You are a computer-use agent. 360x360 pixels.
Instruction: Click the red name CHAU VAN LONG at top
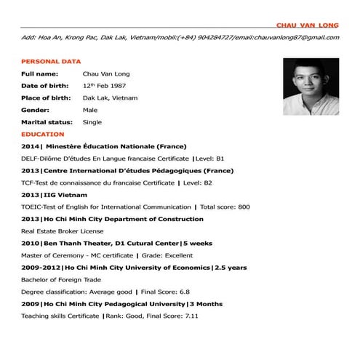(x=313, y=25)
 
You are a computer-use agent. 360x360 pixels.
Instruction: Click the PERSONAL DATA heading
(x=51, y=62)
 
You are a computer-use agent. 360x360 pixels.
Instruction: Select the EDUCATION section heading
(x=43, y=135)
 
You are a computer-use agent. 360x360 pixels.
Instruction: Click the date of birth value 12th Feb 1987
(x=110, y=86)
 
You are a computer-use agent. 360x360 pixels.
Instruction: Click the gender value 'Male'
(x=90, y=111)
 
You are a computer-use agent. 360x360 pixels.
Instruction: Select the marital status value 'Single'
(x=92, y=122)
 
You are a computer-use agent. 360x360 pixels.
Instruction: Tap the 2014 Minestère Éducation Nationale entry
(x=105, y=147)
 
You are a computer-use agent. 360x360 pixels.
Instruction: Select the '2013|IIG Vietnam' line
(x=55, y=195)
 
